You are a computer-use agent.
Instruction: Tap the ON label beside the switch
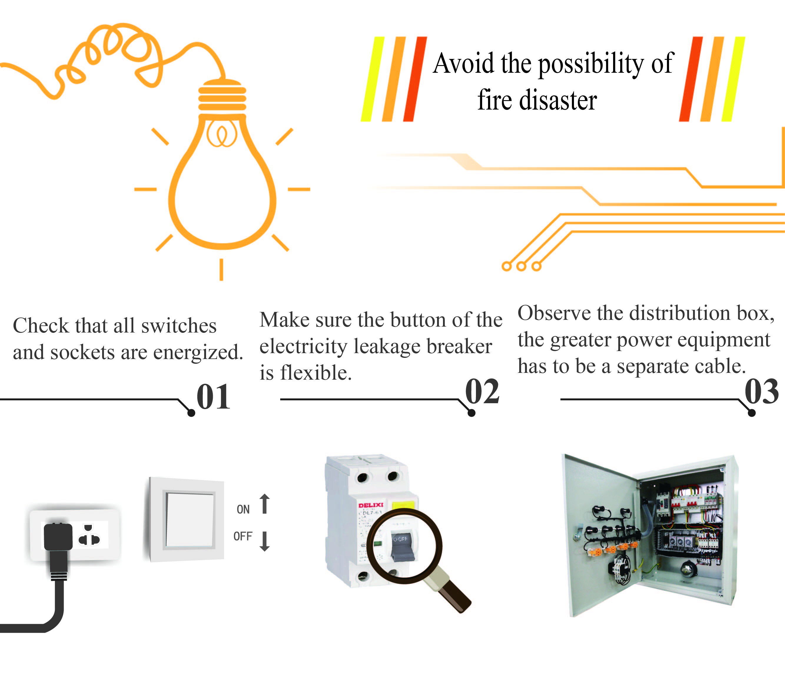pyautogui.click(x=243, y=509)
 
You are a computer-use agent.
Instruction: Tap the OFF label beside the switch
pyautogui.click(x=243, y=536)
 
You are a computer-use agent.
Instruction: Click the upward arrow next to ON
pyautogui.click(x=265, y=504)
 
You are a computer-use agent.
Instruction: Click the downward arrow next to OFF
pyautogui.click(x=265, y=541)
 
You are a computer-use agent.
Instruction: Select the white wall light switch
pyautogui.click(x=189, y=520)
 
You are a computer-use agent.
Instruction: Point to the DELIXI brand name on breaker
pyautogui.click(x=371, y=505)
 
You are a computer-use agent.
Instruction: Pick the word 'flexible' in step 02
pyautogui.click(x=315, y=373)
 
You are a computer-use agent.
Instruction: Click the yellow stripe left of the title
pyautogui.click(x=372, y=79)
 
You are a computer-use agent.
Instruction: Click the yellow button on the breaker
pyautogui.click(x=403, y=505)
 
